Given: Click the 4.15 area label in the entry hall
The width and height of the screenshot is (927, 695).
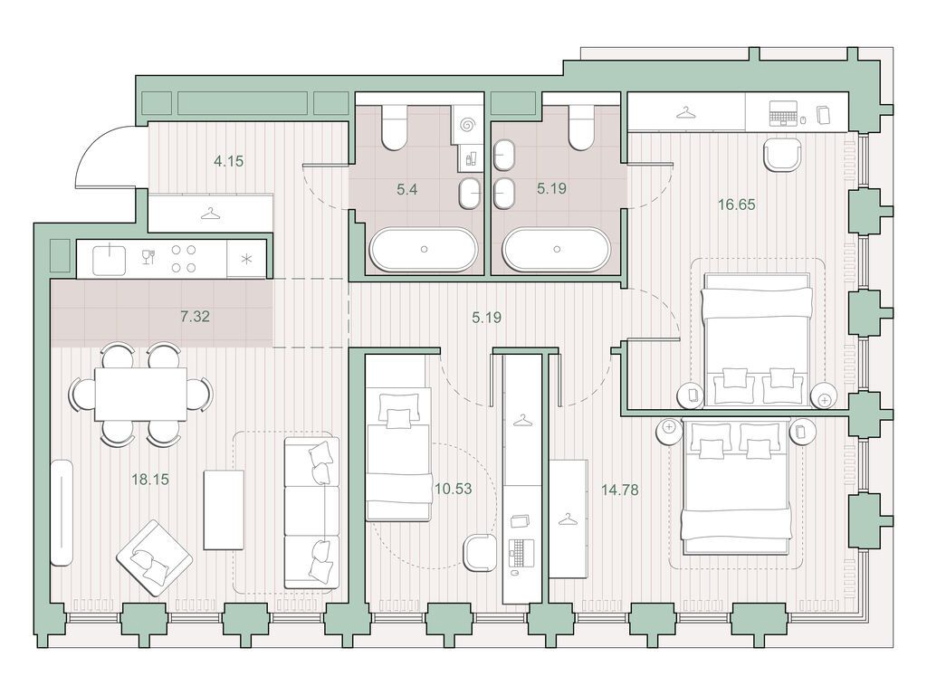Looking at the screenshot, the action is click(229, 161).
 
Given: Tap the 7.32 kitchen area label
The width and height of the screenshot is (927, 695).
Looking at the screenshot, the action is click(196, 316).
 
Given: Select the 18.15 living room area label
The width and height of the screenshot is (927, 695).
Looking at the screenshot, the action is click(150, 480).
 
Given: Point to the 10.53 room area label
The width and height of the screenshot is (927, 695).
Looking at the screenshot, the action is click(454, 489).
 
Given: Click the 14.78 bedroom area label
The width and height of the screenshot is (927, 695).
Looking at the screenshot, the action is click(619, 490).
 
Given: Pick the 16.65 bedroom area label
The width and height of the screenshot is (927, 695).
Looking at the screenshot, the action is click(737, 205).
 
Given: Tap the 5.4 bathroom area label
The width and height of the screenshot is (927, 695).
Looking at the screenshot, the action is click(407, 190).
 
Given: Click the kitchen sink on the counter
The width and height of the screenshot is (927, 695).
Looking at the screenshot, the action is click(110, 260).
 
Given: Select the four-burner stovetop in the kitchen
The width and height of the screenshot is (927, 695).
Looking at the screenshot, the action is click(184, 259).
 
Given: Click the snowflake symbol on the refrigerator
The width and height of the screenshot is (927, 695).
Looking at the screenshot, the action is click(246, 259).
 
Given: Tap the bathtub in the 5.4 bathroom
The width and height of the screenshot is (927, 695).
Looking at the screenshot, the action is click(424, 250).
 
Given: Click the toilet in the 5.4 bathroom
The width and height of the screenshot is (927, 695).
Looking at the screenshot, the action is click(394, 127).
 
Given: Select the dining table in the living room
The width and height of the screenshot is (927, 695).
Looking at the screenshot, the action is click(140, 394).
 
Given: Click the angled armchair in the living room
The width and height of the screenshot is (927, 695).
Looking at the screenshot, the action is click(154, 558).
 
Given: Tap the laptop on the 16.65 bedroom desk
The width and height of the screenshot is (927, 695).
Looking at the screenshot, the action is click(783, 113).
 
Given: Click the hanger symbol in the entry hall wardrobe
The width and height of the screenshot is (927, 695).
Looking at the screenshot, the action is click(210, 213).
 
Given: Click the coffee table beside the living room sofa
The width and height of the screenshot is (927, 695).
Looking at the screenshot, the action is click(225, 510).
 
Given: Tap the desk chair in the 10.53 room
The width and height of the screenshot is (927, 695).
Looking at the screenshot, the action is click(480, 553).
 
